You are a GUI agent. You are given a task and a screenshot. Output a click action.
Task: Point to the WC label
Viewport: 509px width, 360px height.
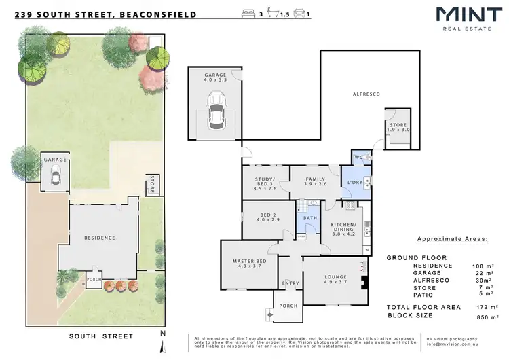[358, 158]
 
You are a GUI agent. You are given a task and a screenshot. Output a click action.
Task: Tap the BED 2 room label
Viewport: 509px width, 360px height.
[269, 217]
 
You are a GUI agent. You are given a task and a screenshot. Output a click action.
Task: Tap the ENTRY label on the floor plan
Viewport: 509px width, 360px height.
[290, 284]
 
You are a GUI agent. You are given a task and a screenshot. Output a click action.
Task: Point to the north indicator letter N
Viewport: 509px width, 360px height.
[162, 334]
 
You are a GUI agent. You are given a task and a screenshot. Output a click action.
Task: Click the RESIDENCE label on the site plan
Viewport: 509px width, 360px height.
[99, 238]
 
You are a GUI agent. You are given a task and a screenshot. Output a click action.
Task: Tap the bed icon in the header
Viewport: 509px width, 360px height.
[246, 14]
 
